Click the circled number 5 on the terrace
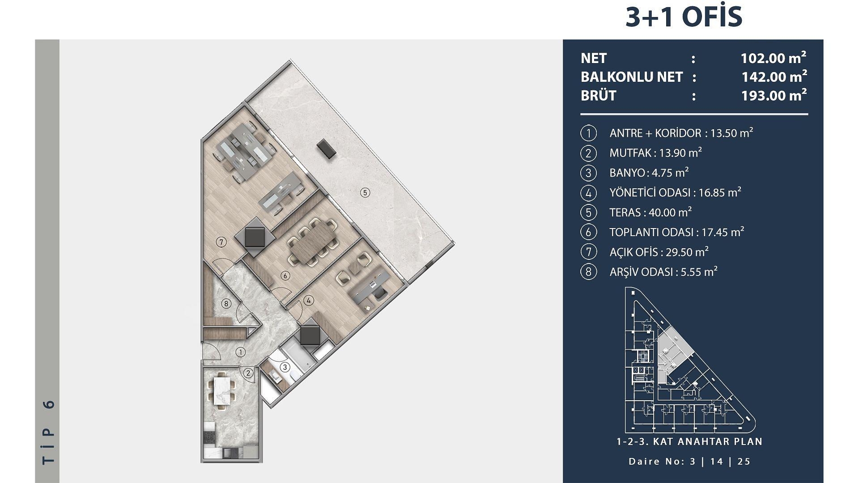[x=365, y=193]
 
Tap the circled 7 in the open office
[x=221, y=242]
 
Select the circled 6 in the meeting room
[x=285, y=275]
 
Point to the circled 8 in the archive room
[x=226, y=304]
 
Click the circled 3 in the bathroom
[x=285, y=368]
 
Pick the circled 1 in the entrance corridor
[x=241, y=352]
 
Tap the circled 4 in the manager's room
[x=309, y=301]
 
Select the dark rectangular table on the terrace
[x=326, y=148]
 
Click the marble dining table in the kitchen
[x=222, y=390]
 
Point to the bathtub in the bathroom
[x=298, y=356]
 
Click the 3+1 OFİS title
[x=684, y=17]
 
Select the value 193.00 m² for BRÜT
[x=774, y=95]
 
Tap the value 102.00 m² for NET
[x=774, y=58]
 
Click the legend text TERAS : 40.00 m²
[x=651, y=212]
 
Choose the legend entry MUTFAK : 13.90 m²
[x=655, y=153]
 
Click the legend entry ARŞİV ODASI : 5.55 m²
[x=663, y=272]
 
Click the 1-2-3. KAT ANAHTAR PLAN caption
[x=689, y=442]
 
